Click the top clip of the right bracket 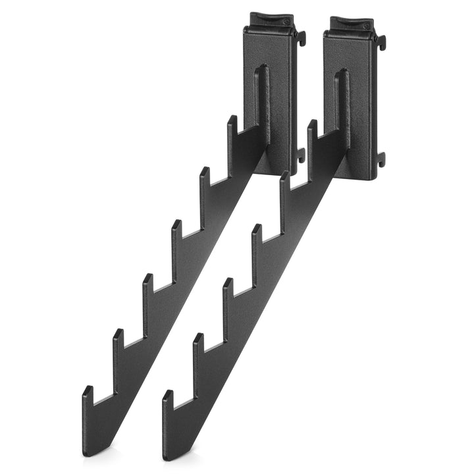348,24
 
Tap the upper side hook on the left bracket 302,38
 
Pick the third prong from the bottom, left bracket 147,286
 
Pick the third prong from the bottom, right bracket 228,290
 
